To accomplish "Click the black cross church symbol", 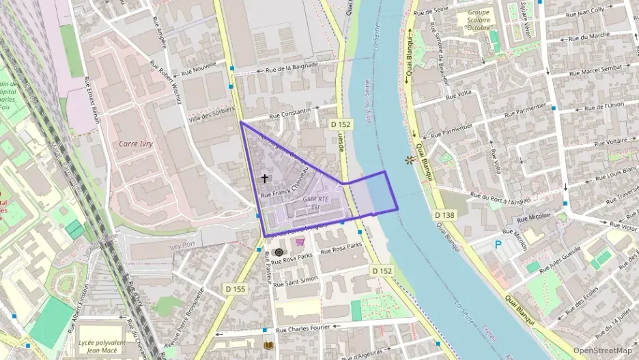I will click(265, 178).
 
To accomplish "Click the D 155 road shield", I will click(235, 290).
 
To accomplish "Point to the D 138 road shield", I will click(444, 215).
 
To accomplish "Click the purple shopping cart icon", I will click(299, 241).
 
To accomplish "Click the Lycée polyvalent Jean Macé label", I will click(102, 346).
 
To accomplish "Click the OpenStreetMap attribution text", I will click(602, 351).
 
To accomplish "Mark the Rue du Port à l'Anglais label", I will click(505, 194).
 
